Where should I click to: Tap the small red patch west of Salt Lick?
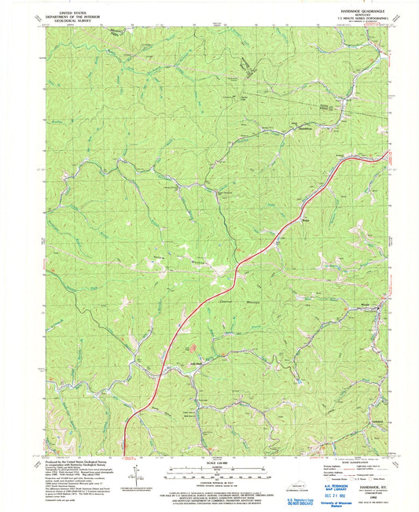(186, 345)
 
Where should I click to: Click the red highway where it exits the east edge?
(388, 156)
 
